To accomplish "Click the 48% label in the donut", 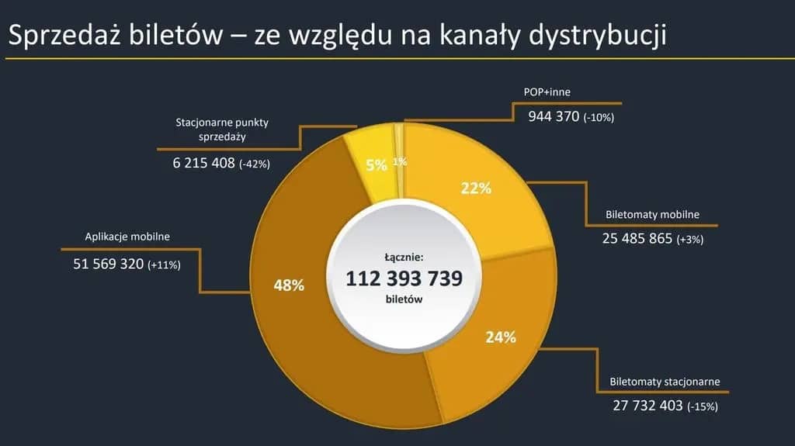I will (x=289, y=285).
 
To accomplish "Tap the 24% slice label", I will (x=500, y=337).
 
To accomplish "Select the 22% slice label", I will (x=476, y=188).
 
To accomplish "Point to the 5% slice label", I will (x=377, y=164).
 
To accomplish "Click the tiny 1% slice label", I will (x=400, y=161).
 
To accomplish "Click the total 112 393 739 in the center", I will (x=404, y=278).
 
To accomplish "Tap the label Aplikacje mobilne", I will (x=127, y=237).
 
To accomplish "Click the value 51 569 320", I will (x=109, y=264).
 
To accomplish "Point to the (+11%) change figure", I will (x=164, y=265).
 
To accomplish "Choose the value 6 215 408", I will (x=203, y=163).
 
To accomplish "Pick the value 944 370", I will (x=554, y=116).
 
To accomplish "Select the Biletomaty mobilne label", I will (x=653, y=215).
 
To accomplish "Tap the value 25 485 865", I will (x=637, y=238).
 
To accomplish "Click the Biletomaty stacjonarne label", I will (x=665, y=382).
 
